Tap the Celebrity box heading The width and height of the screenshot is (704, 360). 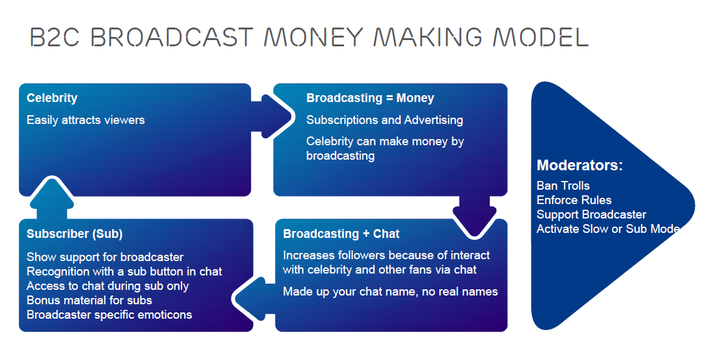click(x=52, y=98)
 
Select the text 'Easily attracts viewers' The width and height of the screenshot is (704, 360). click(x=86, y=120)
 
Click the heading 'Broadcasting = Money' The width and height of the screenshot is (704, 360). click(x=370, y=98)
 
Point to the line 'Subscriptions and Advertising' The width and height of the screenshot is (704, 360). click(x=385, y=120)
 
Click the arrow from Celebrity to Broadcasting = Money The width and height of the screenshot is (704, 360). click(x=272, y=117)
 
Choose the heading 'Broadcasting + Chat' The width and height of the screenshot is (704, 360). click(x=341, y=234)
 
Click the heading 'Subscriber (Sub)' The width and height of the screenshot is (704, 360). click(x=74, y=234)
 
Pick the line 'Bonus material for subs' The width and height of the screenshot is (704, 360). click(x=89, y=301)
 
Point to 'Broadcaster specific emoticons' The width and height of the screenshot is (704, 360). click(x=110, y=314)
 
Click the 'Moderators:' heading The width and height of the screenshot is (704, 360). click(x=580, y=165)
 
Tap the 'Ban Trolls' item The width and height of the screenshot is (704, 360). click(x=563, y=185)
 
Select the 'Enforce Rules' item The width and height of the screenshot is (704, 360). click(x=574, y=200)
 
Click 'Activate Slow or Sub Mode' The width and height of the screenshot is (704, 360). click(x=608, y=229)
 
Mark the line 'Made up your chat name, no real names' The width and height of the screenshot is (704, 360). click(x=390, y=292)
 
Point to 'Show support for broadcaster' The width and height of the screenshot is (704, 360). click(x=105, y=257)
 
